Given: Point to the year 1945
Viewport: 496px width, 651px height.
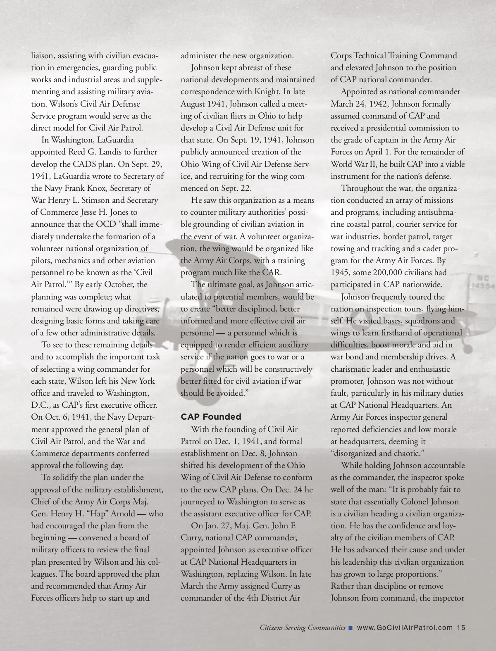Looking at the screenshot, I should point(342,273).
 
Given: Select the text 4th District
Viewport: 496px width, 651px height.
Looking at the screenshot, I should point(269,598).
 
